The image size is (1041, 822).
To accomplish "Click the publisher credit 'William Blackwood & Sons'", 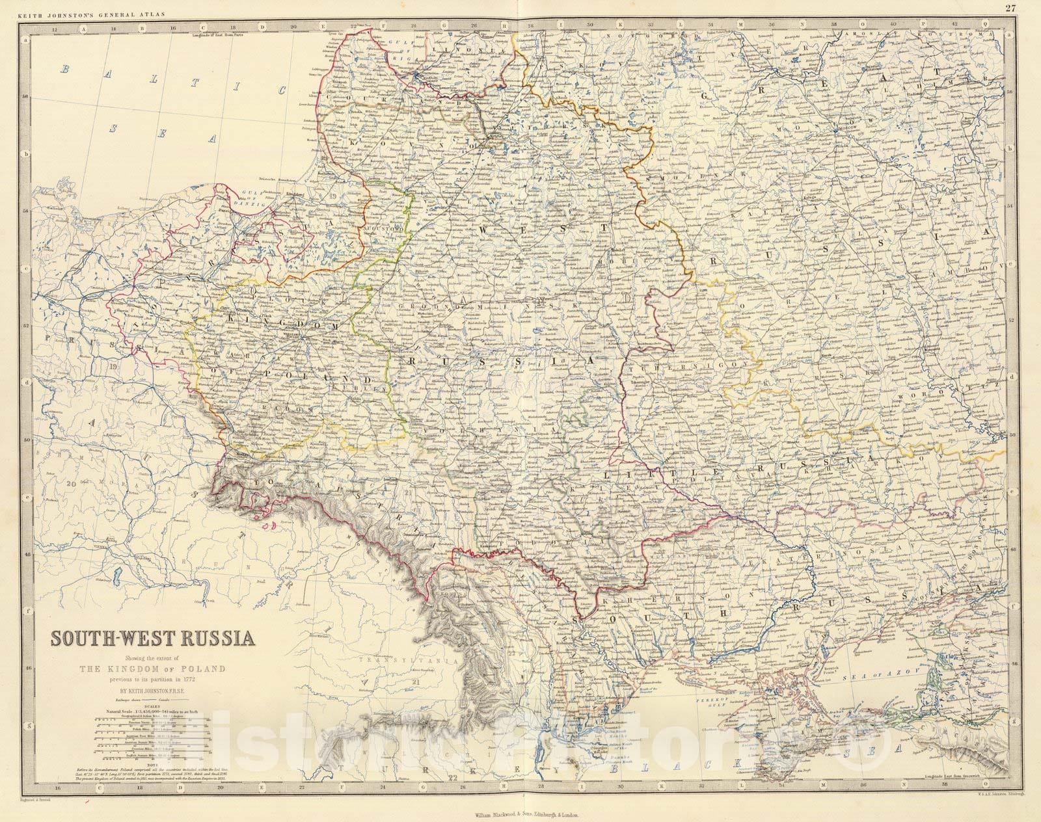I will point(494,814).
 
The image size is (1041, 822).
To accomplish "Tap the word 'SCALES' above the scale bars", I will point(153,711).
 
